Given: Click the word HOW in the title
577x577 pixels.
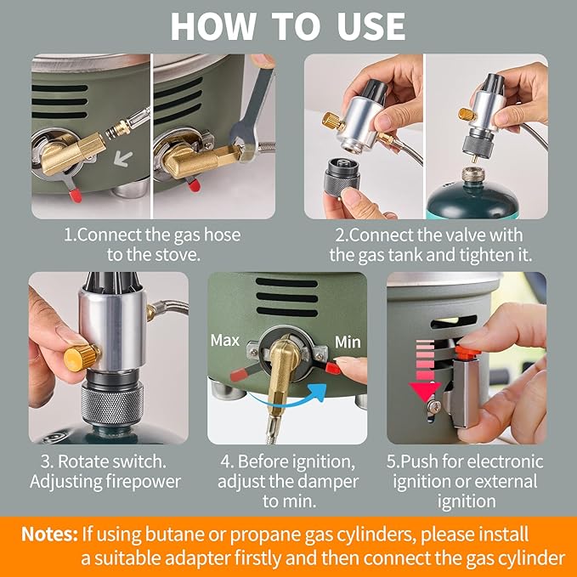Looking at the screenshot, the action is (213, 26).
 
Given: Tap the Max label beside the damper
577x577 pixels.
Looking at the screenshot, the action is (225, 341).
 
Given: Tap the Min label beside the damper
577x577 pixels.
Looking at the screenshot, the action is (348, 342).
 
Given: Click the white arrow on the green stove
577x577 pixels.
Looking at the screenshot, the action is (123, 159).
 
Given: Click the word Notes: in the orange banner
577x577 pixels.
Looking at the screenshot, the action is (49, 535).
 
